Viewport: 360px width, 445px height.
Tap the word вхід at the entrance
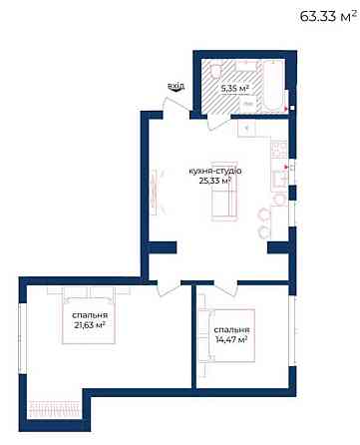click(x=177, y=87)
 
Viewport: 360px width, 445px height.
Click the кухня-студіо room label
click(x=214, y=171)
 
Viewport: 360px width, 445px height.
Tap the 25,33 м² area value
click(x=214, y=182)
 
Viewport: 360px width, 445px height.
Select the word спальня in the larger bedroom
click(x=91, y=314)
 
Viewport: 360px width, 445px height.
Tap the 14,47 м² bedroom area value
click(x=231, y=340)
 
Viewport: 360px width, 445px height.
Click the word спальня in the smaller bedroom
click(x=231, y=329)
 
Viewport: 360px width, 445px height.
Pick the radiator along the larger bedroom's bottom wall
click(x=57, y=406)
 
